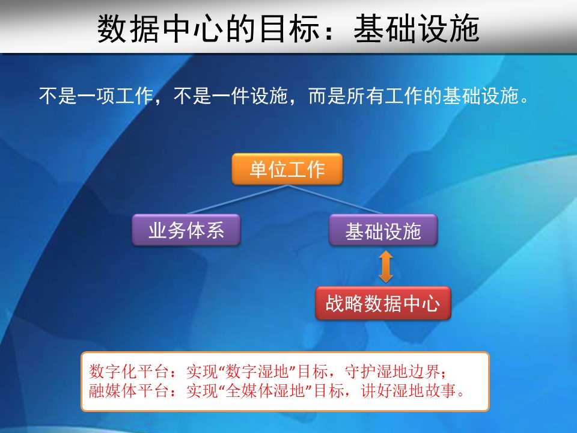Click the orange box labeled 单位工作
click(287, 169)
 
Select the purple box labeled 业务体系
click(186, 230)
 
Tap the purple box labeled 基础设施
click(383, 230)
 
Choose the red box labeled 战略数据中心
click(383, 303)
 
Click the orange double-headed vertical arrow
click(386, 266)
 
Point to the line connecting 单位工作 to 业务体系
click(237, 199)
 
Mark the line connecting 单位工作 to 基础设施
click(335, 199)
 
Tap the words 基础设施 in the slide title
click(417, 29)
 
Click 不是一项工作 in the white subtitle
click(96, 96)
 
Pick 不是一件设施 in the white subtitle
click(231, 96)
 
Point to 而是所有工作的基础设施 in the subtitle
click(414, 96)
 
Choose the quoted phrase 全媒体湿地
click(265, 390)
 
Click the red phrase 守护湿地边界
click(392, 371)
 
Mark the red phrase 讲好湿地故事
click(409, 390)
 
